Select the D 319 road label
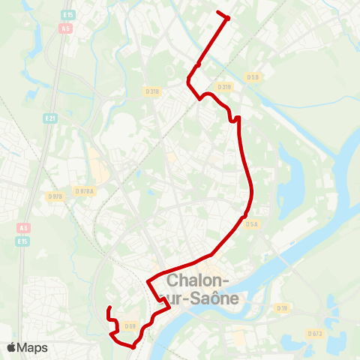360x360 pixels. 225,86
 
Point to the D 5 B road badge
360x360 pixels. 253,76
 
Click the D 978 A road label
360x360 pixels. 85,191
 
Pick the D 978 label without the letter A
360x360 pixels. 55,196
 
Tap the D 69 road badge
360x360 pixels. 130,325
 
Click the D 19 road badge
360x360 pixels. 282,307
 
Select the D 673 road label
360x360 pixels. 315,333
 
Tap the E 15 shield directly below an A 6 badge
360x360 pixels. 22,241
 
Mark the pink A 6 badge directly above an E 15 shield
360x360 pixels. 25,228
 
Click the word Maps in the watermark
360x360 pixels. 33,347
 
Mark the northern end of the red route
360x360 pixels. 218,13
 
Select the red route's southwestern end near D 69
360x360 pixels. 109,308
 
